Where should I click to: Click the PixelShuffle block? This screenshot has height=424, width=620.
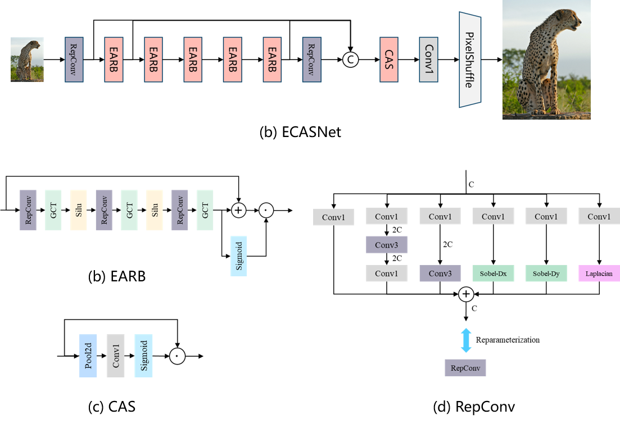point(470,59)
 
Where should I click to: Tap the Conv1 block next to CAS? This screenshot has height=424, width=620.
point(428,60)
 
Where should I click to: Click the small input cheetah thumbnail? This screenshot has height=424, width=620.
point(27,60)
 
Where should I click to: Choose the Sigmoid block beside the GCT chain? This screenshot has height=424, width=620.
point(239,256)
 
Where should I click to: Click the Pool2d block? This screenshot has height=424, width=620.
point(88,355)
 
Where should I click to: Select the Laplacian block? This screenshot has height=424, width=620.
point(599,273)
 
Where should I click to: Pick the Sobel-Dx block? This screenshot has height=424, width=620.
point(493,273)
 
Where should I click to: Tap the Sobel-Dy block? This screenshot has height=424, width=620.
point(546,273)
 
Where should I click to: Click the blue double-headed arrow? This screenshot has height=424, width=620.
point(466,340)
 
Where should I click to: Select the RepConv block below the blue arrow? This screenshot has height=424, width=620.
point(465,368)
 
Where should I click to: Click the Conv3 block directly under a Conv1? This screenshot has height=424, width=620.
point(387,245)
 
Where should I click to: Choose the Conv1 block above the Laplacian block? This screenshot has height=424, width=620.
point(599,216)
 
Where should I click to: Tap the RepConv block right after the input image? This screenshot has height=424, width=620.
point(74,60)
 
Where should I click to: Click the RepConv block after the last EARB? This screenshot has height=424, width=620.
point(311,60)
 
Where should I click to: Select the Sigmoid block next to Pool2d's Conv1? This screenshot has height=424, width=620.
point(143,355)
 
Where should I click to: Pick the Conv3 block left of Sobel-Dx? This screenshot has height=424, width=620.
point(440,273)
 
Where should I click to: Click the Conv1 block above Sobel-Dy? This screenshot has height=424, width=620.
point(546,216)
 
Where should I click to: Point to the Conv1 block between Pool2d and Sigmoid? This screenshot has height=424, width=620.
point(116,355)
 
